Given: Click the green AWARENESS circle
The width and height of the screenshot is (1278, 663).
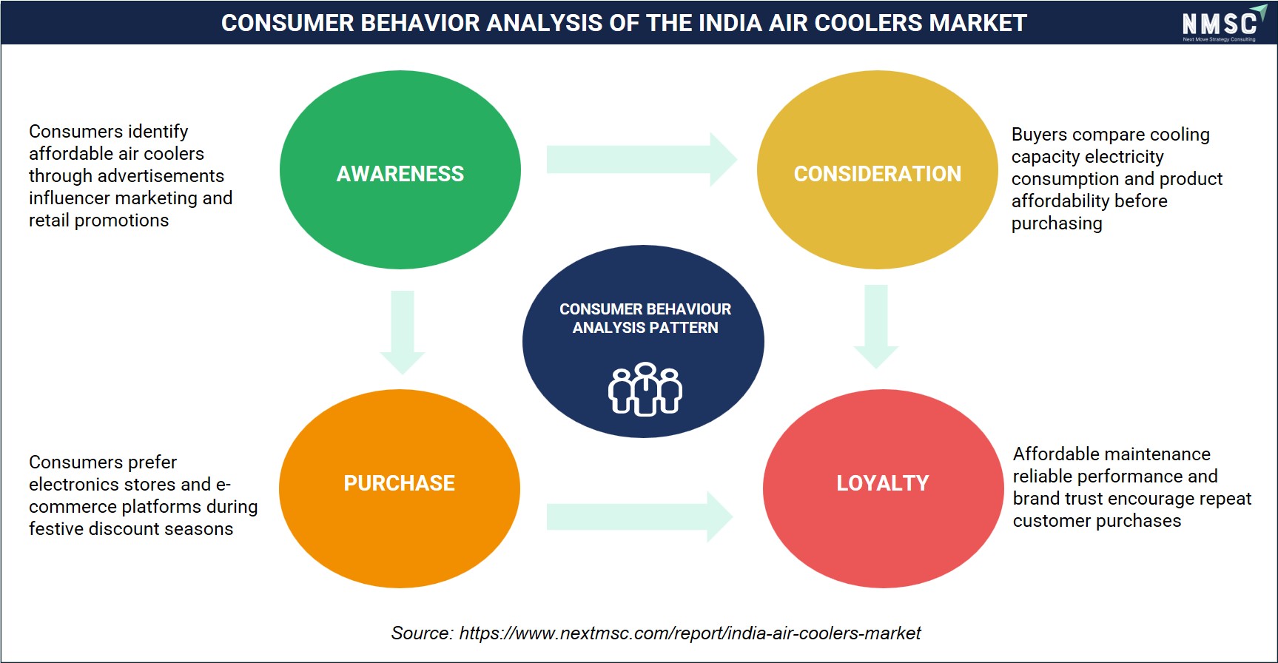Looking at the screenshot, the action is click(400, 169).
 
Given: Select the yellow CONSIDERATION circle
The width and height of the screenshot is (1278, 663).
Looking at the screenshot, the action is click(878, 169).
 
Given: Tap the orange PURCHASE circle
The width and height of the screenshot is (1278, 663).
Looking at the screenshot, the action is click(400, 488).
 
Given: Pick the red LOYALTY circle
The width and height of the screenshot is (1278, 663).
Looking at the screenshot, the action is click(884, 488).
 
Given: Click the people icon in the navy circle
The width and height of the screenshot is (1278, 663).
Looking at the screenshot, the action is click(645, 389).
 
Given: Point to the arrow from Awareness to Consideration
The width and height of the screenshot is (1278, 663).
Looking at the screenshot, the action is click(642, 159).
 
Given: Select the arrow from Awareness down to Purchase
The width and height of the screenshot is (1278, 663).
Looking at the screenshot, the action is click(403, 332).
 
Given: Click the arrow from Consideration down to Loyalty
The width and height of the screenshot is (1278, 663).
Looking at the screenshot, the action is click(876, 326).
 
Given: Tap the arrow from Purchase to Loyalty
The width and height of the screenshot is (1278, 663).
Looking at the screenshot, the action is click(640, 516).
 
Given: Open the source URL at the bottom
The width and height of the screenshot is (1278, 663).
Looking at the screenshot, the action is click(690, 633).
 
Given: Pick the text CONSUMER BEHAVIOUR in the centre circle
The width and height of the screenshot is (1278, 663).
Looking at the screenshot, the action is click(645, 309).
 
